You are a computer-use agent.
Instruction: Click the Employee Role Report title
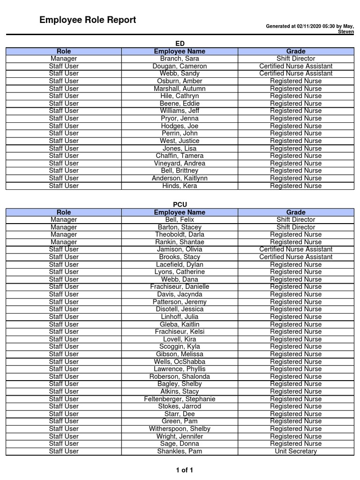point(88,20)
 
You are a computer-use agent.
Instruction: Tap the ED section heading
point(180,44)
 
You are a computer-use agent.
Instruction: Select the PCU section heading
point(180,204)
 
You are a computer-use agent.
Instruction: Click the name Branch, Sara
point(180,59)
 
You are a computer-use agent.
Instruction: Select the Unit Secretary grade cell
point(296,451)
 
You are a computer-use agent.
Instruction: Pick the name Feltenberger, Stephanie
point(180,399)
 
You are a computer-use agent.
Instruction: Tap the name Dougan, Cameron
point(180,66)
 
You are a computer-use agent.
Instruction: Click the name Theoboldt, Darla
point(180,234)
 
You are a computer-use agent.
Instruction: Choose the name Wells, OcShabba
point(180,361)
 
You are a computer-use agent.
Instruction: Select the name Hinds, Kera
point(180,186)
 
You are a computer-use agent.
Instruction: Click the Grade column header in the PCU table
point(296,212)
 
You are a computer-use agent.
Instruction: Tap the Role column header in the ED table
point(64,51)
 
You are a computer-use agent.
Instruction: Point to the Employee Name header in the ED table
point(180,51)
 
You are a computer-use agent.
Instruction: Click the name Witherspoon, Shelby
point(180,429)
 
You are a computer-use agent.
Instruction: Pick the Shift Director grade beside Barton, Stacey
point(296,227)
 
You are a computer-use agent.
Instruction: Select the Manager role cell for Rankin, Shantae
point(64,242)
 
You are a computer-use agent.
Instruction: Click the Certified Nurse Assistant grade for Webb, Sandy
point(296,74)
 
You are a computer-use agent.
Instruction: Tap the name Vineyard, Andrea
point(180,163)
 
